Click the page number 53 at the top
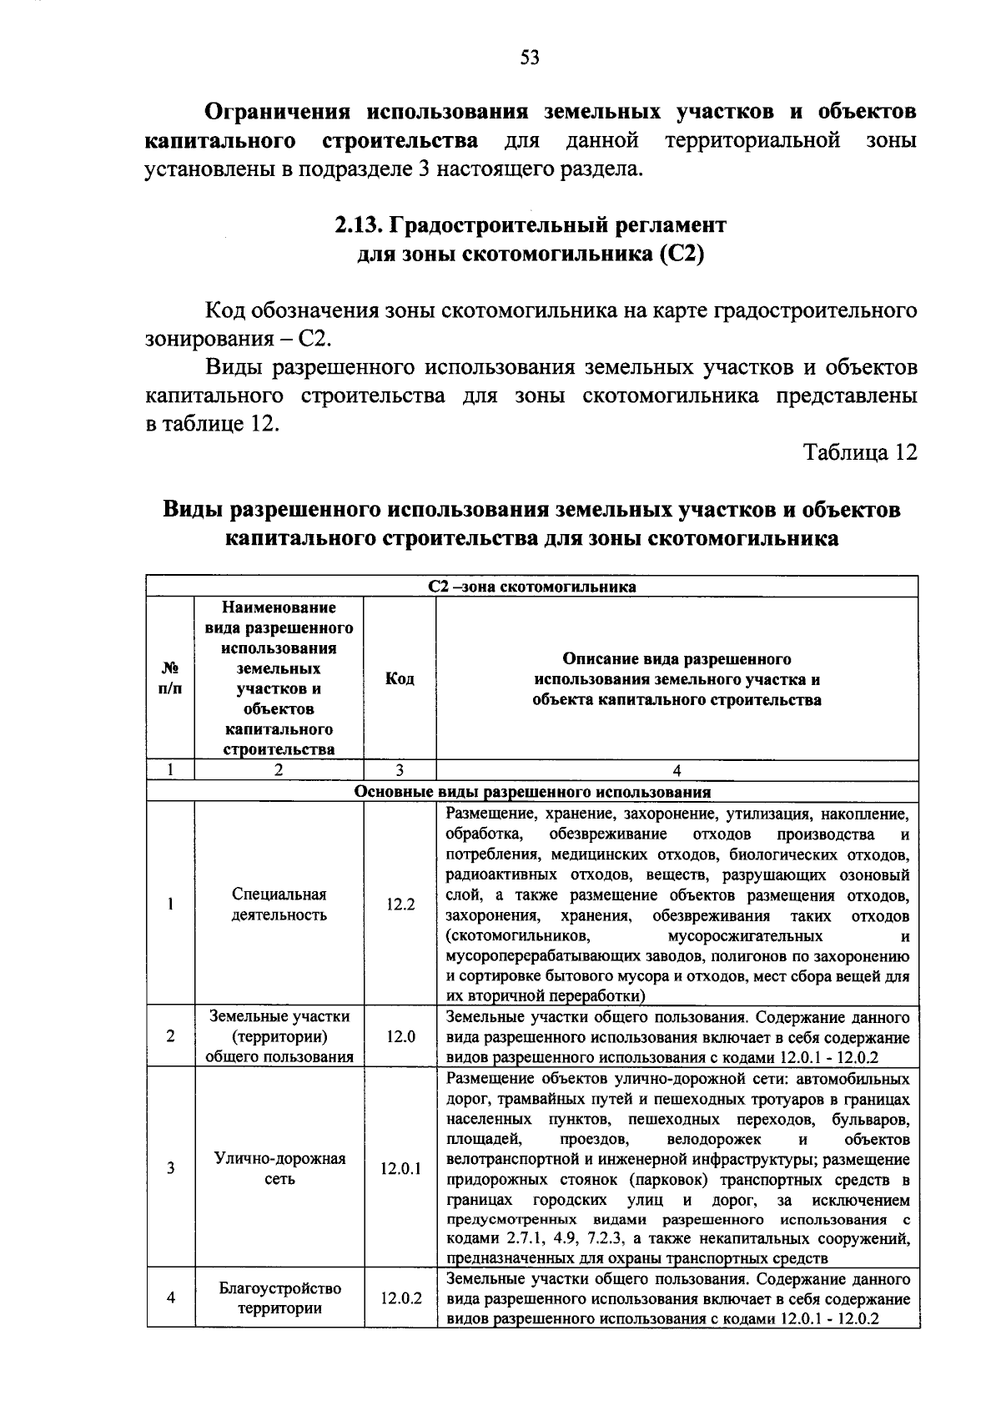pos(530,57)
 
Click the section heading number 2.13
pos(358,225)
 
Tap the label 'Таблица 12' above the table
pos(860,452)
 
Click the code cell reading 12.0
pos(400,1037)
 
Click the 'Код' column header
pos(400,679)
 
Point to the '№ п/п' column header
pos(170,679)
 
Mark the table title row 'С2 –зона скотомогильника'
pos(532,587)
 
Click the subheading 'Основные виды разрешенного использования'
pos(532,792)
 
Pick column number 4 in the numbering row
pos(677,771)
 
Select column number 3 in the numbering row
pos(400,771)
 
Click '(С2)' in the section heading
pos(682,254)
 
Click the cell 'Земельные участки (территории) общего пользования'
pos(279,1037)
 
